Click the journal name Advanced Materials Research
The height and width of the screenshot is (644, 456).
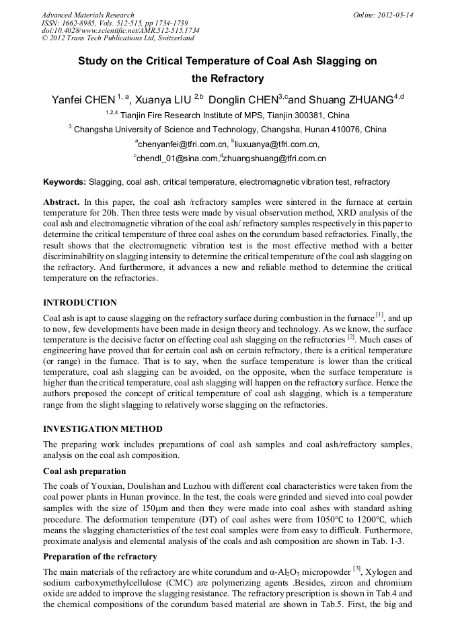click(87, 15)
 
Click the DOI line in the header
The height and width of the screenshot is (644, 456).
click(120, 30)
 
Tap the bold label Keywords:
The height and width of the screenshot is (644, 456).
click(65, 182)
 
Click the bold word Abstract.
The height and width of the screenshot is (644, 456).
click(61, 201)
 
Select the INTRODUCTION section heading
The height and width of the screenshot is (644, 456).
click(80, 303)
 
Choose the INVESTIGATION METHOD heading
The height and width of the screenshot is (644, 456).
click(102, 428)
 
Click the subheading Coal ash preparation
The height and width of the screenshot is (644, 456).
click(84, 471)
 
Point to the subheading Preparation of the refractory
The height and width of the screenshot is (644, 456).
click(100, 557)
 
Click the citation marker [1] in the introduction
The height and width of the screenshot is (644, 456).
click(379, 315)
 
